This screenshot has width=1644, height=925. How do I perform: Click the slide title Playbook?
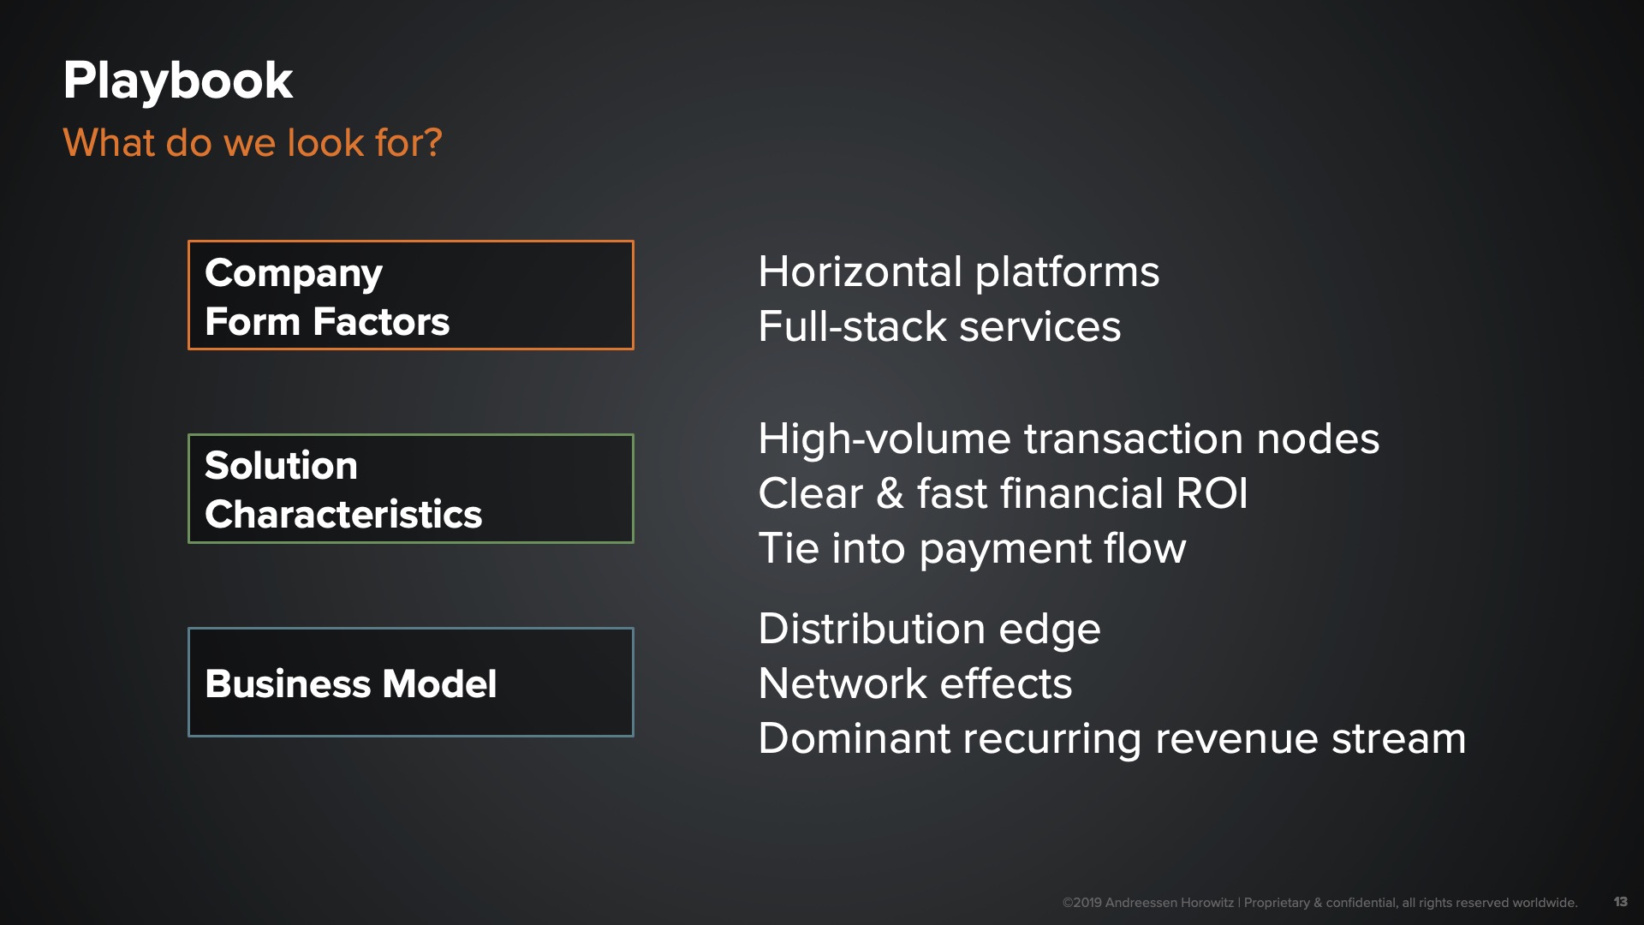[178, 81]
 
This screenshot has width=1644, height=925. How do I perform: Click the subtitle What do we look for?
[253, 142]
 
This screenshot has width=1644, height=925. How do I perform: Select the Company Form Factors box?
[411, 295]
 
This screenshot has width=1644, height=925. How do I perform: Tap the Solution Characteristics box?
[411, 488]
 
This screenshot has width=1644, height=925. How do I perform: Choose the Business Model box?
[411, 682]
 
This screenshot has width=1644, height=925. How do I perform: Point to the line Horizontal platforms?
[959, 272]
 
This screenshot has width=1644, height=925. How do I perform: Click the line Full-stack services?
[939, 326]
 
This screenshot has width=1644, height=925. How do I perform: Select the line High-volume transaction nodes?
[1069, 439]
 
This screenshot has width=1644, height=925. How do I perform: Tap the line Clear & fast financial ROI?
[1003, 493]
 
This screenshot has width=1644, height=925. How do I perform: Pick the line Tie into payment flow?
[972, 548]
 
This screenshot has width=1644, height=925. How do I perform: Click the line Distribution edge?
[929, 630]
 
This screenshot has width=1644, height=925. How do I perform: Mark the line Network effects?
[915, 683]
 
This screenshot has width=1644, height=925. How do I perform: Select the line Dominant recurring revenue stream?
[1112, 738]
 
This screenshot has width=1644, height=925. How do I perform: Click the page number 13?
[1620, 901]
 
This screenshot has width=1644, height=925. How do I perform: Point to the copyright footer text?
[1319, 902]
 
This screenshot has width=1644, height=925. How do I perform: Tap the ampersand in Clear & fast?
[890, 493]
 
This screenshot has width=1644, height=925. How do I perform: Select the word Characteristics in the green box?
[343, 514]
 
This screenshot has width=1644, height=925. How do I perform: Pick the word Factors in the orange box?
[381, 322]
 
